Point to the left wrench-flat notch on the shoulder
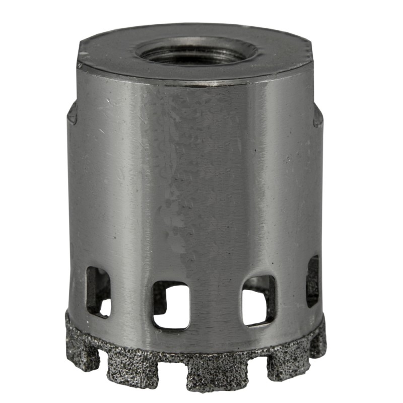click(72, 113)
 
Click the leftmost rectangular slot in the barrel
click(98, 291)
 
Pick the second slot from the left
click(171, 304)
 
